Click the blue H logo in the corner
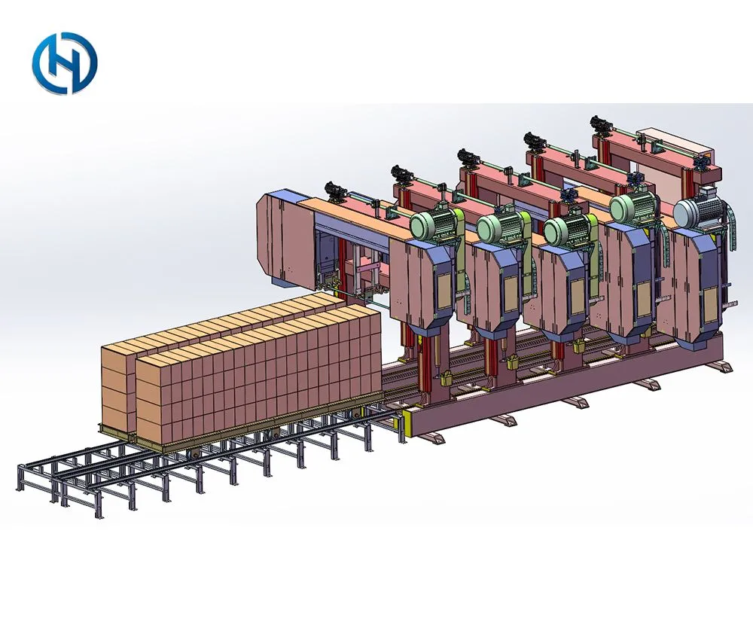click(65, 63)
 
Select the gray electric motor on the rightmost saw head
click(698, 208)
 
